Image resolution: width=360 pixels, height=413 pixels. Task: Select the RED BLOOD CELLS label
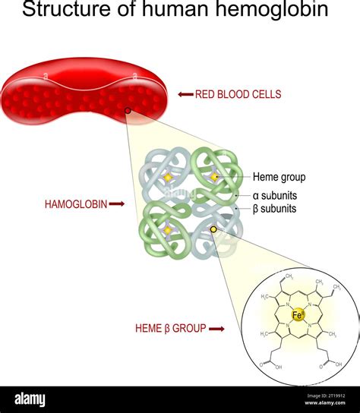tap(238, 95)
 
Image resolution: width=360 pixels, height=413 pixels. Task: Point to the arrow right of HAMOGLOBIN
tap(116, 204)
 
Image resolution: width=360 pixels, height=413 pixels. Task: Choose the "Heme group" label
tap(279, 177)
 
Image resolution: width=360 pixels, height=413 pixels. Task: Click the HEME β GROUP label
tap(170, 329)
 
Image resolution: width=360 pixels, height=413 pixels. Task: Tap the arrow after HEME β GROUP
tap(216, 329)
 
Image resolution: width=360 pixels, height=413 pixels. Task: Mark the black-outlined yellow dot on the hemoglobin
tap(213, 229)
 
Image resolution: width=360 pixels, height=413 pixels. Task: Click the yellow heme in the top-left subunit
tap(168, 178)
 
